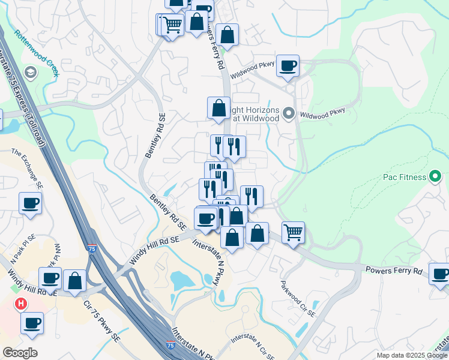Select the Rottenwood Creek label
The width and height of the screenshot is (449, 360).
point(37,53)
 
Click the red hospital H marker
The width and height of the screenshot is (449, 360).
point(21,304)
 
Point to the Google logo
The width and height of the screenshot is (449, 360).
point(20,352)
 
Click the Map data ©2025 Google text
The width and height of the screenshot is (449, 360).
point(412,355)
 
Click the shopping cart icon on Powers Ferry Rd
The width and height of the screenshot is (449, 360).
point(293,232)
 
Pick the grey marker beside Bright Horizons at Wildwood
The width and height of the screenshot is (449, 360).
point(289,113)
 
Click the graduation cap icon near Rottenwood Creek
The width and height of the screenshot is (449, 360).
point(29,73)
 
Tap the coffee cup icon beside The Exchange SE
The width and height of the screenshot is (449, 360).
point(30,202)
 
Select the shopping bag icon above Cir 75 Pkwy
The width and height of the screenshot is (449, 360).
point(74,280)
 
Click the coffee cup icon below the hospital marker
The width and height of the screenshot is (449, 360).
point(32,322)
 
